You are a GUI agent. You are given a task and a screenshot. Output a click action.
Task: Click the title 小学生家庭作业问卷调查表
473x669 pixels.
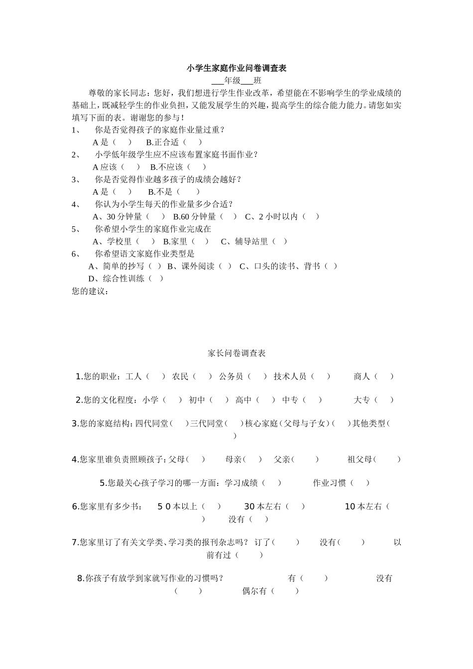[x=236, y=68]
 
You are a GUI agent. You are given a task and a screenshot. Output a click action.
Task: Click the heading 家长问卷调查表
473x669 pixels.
[x=236, y=353]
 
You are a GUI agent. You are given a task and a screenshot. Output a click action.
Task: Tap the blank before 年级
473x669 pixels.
[x=218, y=81]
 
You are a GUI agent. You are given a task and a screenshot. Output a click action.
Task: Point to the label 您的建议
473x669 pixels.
[x=90, y=291]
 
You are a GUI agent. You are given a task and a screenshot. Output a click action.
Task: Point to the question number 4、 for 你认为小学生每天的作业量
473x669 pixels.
[x=76, y=204]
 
